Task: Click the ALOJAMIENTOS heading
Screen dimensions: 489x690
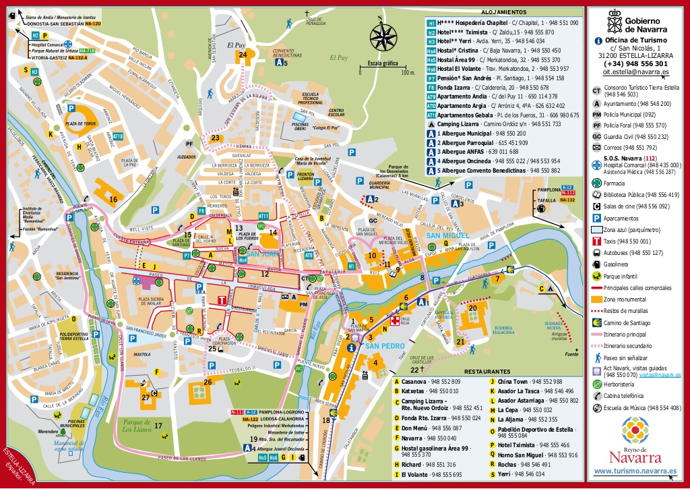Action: pyautogui.click(x=504, y=12)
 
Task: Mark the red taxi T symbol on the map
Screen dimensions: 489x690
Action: pyautogui.click(x=222, y=300)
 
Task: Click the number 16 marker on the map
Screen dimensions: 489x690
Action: pyautogui.click(x=113, y=199)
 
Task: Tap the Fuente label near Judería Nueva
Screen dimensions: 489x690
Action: pyautogui.click(x=572, y=354)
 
